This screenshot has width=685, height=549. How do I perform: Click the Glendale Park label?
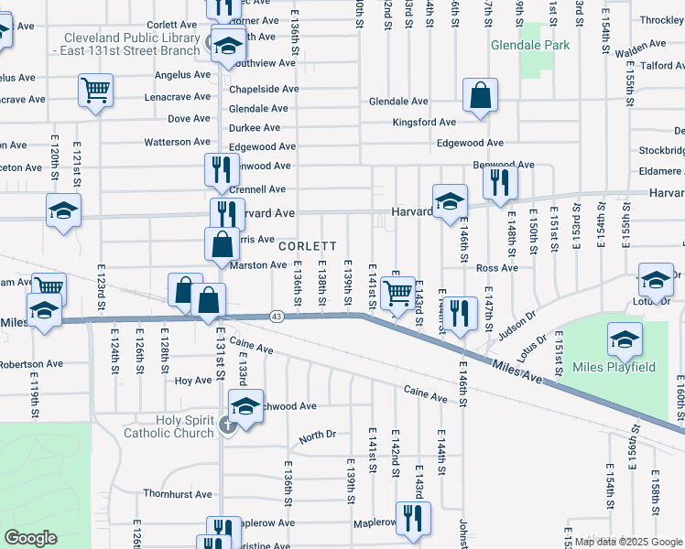point(530,44)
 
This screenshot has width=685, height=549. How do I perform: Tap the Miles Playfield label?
point(614,367)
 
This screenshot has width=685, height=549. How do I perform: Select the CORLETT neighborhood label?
point(308,246)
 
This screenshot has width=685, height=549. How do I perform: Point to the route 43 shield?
point(277,316)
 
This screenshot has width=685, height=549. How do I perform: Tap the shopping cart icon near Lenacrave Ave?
point(95,91)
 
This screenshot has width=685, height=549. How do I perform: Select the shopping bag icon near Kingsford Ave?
point(480,95)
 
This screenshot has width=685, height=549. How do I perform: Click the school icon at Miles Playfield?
point(625,341)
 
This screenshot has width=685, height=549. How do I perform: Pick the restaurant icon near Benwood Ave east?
point(500,181)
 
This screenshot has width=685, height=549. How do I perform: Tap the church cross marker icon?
point(229,425)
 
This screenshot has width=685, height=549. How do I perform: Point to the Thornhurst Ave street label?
point(178,494)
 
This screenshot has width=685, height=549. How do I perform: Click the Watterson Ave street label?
point(178,142)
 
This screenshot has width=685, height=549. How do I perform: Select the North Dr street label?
point(317,436)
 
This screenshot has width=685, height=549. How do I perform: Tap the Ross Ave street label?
point(497,268)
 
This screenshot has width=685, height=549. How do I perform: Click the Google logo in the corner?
point(31,538)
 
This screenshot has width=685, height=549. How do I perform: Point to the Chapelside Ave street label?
point(264,89)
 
